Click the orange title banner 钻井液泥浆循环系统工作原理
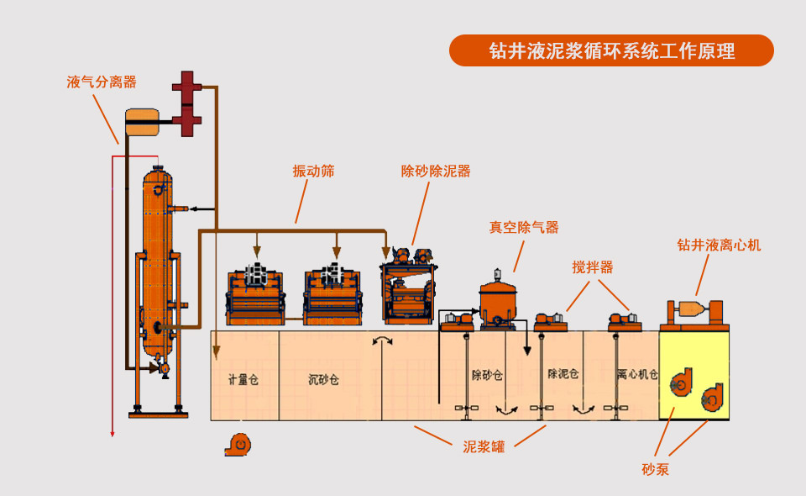611,50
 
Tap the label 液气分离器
102,82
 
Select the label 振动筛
313,171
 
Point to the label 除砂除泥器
436,171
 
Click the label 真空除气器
524,227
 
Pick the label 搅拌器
593,267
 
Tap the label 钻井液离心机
720,245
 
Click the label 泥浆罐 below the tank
484,446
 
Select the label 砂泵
656,469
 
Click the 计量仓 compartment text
243,380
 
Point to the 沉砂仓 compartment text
323,380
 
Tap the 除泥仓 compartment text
563,373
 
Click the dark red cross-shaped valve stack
186,103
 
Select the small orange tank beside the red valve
143,122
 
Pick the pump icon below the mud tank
238,445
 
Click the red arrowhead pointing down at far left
113,434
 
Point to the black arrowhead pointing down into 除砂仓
527,351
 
